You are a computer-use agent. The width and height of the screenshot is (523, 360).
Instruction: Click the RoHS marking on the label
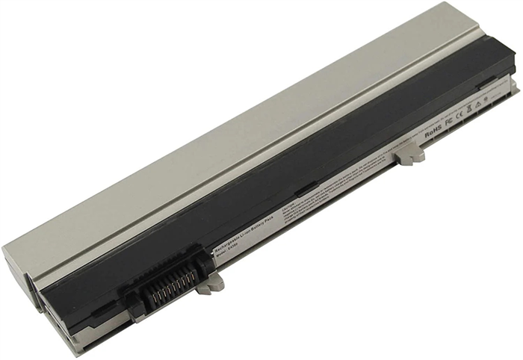[x=433, y=134]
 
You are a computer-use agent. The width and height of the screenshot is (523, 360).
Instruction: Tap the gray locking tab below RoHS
[x=409, y=152]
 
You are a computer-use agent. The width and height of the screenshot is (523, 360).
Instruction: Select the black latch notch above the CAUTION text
[x=306, y=192]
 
